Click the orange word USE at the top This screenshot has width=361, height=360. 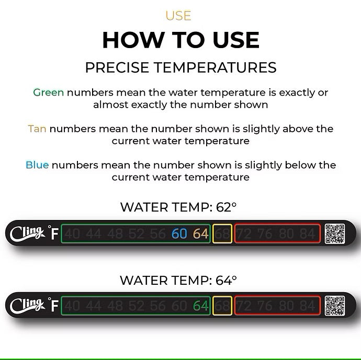(178, 16)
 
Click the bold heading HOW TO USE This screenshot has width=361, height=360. (180, 40)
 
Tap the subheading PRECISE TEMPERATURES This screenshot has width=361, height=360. (180, 67)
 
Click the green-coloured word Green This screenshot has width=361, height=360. (48, 92)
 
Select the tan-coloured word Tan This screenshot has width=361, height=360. (37, 129)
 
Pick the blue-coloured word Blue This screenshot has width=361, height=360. (37, 165)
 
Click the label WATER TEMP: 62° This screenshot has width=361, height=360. (178, 207)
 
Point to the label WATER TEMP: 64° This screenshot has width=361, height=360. (178, 280)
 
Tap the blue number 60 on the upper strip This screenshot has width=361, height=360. (179, 234)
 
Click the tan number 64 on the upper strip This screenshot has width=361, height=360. (201, 234)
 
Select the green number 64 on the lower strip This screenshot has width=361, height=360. (201, 306)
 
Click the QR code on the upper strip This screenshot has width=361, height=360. (334, 234)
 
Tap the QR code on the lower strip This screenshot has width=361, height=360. (334, 306)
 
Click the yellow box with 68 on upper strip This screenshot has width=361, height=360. (222, 234)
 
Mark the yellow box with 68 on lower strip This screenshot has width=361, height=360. (222, 306)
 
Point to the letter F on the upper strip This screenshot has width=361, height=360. (54, 234)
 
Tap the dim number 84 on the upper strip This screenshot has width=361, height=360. (308, 234)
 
